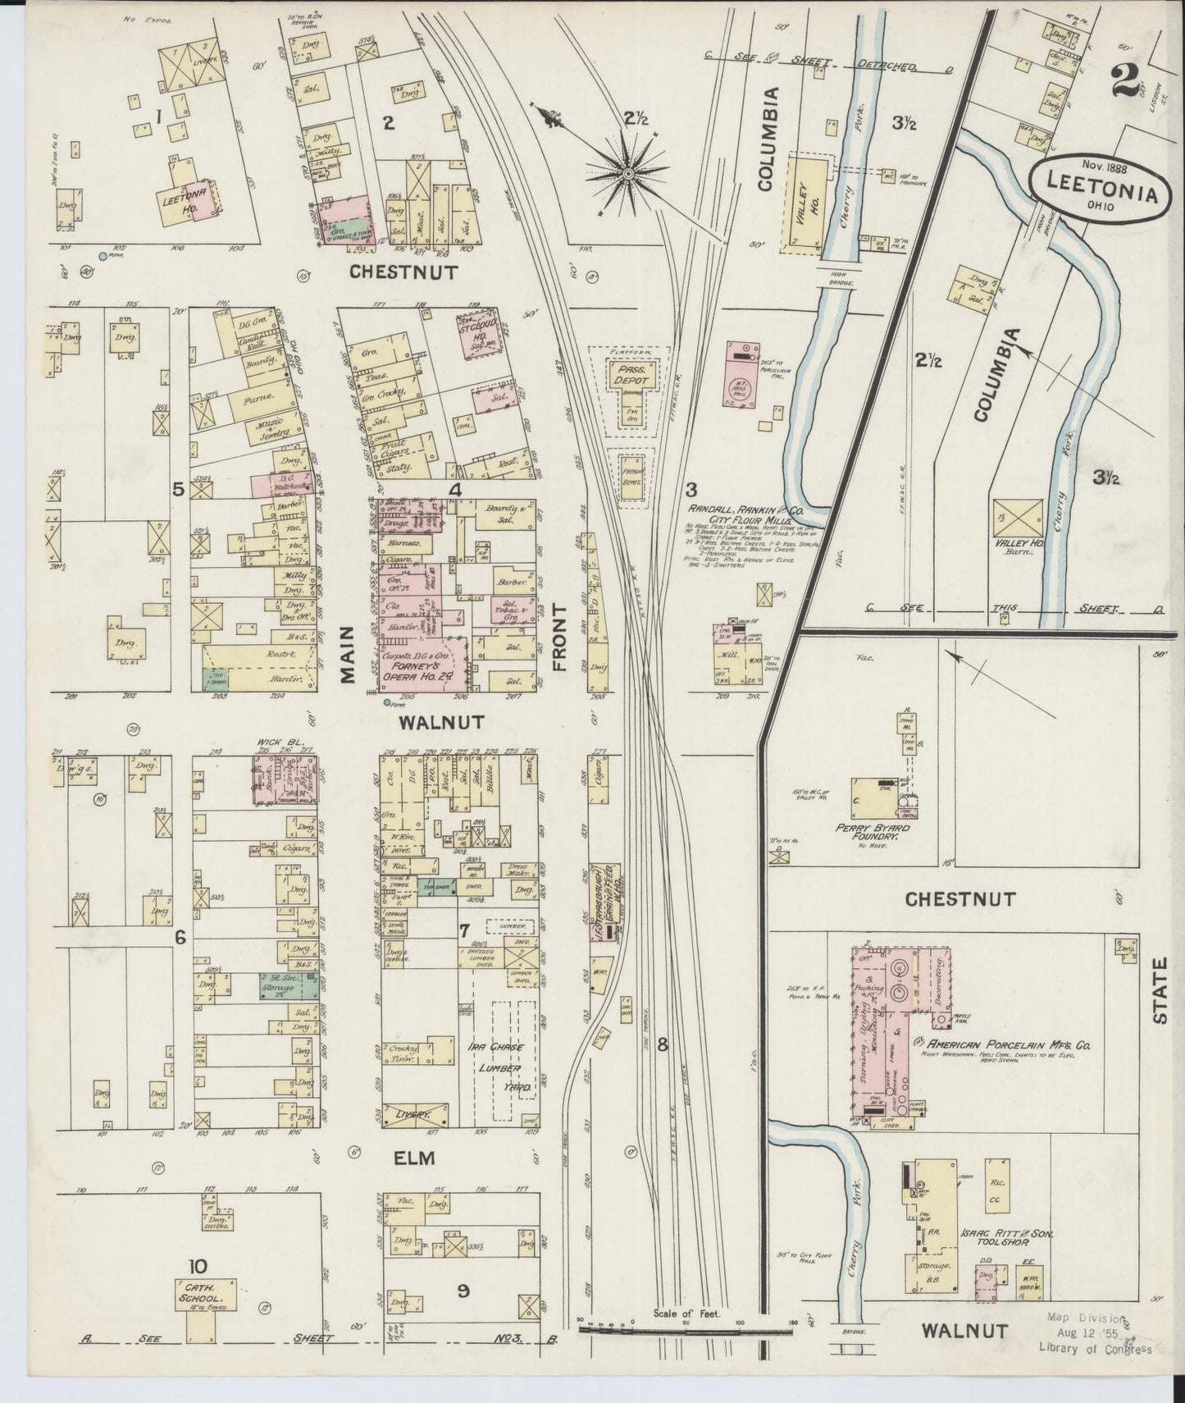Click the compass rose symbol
tap(627, 172)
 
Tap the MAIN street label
tap(345, 654)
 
